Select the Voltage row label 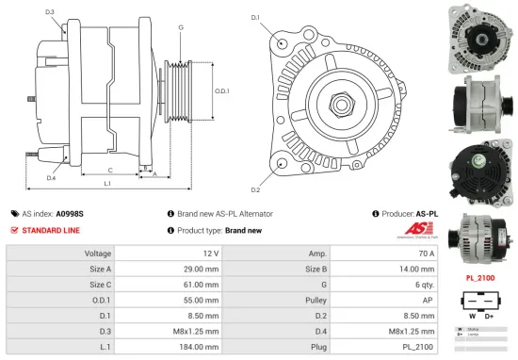click(98, 254)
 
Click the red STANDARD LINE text click(50, 230)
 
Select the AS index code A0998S click(69, 214)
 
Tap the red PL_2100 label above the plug click(479, 279)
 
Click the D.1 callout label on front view click(254, 18)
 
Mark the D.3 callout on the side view click(49, 11)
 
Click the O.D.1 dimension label click(222, 91)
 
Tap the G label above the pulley click(180, 27)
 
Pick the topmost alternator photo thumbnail click(479, 35)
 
